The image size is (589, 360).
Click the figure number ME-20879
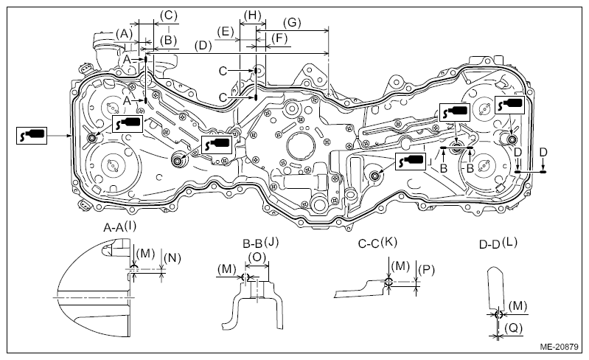(x=560, y=347)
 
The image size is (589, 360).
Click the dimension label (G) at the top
(x=292, y=23)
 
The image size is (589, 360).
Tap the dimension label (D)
(x=203, y=46)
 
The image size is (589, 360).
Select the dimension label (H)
(x=252, y=15)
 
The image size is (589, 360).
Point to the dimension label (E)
(x=226, y=32)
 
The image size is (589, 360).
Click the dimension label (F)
(x=279, y=38)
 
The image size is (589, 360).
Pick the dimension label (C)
(x=168, y=15)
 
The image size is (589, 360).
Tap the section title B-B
(x=252, y=244)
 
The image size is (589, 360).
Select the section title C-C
(x=369, y=244)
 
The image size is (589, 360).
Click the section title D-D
(x=489, y=245)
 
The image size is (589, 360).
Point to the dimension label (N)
(x=172, y=257)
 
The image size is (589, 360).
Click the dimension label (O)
(x=257, y=257)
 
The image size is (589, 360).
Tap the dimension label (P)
(x=426, y=270)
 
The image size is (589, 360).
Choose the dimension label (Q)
(x=513, y=328)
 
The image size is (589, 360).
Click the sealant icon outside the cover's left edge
(x=32, y=135)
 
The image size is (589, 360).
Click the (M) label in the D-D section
(x=517, y=306)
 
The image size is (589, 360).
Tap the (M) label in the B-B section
(x=227, y=269)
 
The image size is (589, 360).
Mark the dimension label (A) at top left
(x=124, y=34)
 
